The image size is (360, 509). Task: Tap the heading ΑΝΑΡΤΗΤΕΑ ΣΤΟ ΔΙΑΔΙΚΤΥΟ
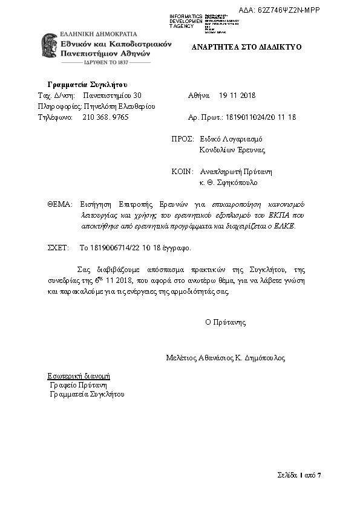(246, 47)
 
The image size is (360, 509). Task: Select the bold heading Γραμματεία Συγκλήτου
(87, 84)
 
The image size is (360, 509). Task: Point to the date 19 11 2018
(237, 96)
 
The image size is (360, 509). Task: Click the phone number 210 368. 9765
(105, 117)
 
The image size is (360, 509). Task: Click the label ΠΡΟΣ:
(182, 138)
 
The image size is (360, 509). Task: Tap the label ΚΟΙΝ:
(182, 171)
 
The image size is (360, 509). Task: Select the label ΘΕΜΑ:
(59, 204)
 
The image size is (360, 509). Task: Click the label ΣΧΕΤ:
(59, 247)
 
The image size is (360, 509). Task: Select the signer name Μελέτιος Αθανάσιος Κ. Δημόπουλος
(225, 358)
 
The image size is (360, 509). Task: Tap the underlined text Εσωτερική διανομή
(79, 375)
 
